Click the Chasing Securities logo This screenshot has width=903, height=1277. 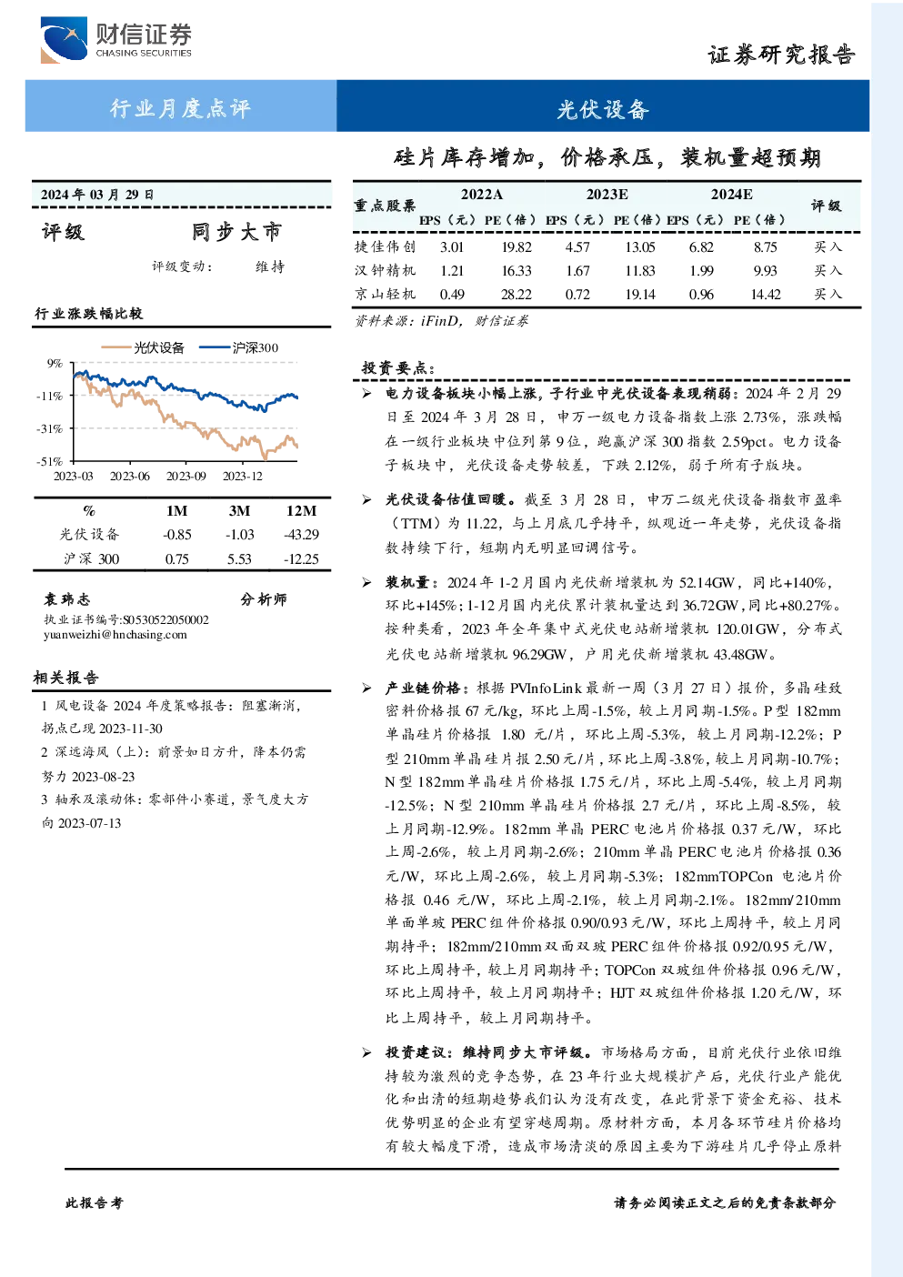115,39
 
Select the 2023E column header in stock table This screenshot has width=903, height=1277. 607,195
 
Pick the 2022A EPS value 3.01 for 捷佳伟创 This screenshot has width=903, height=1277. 451,246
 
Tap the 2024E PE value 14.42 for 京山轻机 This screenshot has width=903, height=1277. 765,294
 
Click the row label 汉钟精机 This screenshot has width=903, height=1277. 385,270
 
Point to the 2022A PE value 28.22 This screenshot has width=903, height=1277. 516,294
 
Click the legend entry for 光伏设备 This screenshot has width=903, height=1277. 143,347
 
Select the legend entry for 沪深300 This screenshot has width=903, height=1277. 239,347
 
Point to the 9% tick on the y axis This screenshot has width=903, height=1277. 55,363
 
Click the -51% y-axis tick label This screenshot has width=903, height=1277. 50,461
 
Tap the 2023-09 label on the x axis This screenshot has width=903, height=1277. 186,476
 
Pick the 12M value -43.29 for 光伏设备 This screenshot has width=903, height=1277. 302,534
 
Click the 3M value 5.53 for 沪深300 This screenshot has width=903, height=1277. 239,558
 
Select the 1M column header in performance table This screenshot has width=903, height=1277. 176,510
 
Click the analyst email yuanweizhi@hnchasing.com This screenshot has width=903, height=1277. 115,635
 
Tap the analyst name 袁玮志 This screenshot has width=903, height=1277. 66,599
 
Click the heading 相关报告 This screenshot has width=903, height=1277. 65,678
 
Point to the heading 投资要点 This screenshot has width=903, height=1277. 398,367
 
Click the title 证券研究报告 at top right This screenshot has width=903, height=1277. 781,55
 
